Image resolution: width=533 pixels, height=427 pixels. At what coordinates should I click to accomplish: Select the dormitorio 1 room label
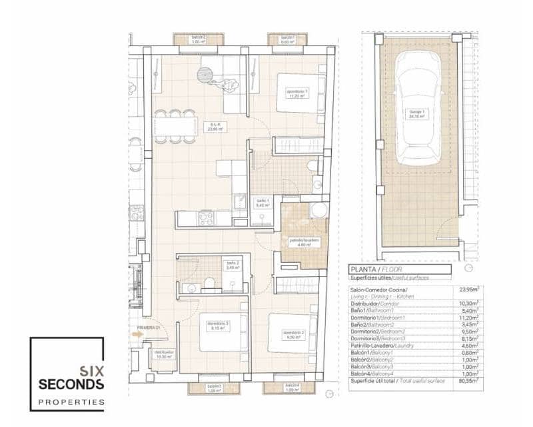(x=296, y=93)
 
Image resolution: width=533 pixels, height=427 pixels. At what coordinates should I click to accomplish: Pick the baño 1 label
(x=262, y=203)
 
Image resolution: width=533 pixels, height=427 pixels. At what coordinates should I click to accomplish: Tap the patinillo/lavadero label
(x=296, y=242)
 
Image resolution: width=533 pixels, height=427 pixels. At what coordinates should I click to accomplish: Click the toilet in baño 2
(x=209, y=284)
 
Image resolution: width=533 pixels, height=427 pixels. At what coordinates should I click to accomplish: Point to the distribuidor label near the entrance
(x=163, y=354)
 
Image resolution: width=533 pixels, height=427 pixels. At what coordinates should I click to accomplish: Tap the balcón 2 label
(x=198, y=39)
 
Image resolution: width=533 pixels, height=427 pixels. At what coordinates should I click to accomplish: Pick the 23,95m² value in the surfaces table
(x=468, y=290)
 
